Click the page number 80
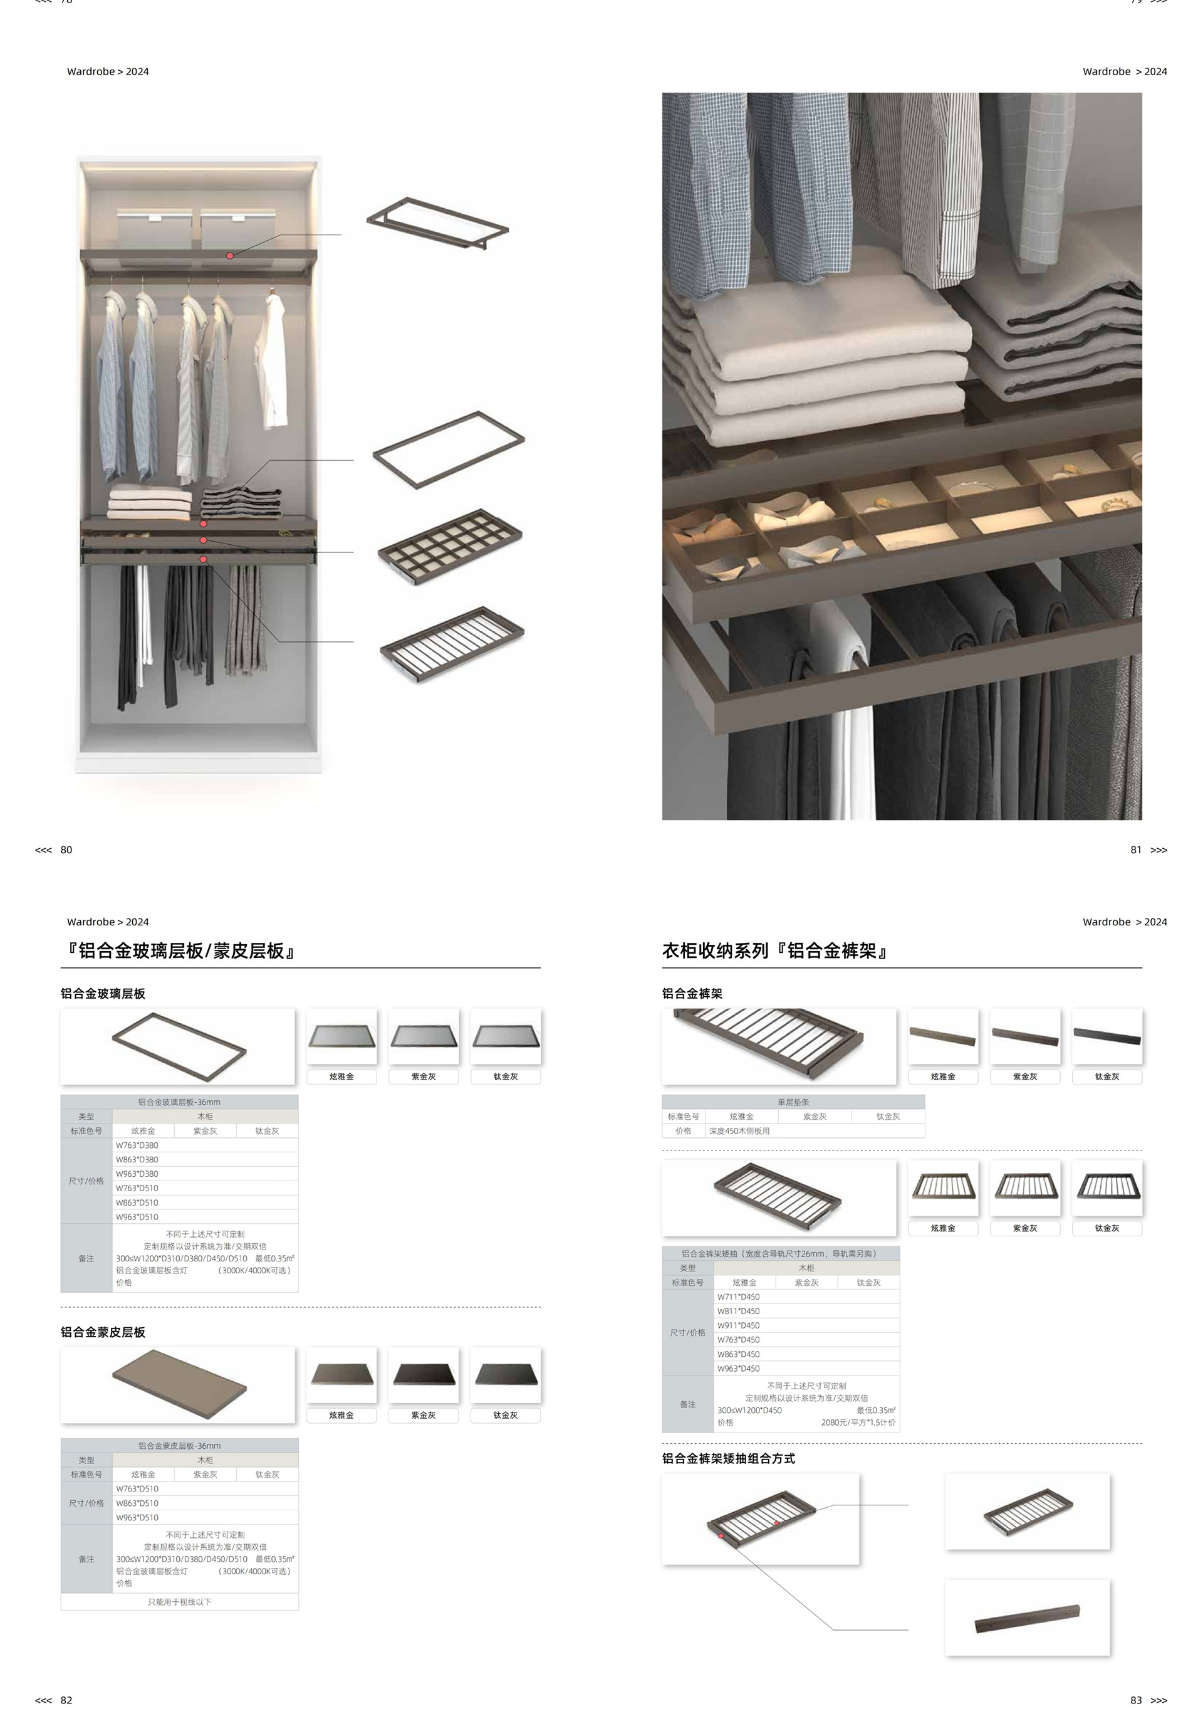[66, 850]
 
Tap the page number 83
[1136, 1700]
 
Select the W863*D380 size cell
[137, 1159]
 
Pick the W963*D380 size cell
[137, 1174]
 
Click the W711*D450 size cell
[739, 1297]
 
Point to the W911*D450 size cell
[739, 1325]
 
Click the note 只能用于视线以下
[179, 1602]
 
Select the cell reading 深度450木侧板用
[739, 1130]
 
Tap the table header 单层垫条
[793, 1102]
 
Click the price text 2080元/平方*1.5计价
[858, 1423]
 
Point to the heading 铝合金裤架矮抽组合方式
[728, 1458]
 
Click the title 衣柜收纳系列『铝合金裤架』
[775, 950]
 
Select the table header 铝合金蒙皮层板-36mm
[179, 1446]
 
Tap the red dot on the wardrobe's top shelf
[230, 256]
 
